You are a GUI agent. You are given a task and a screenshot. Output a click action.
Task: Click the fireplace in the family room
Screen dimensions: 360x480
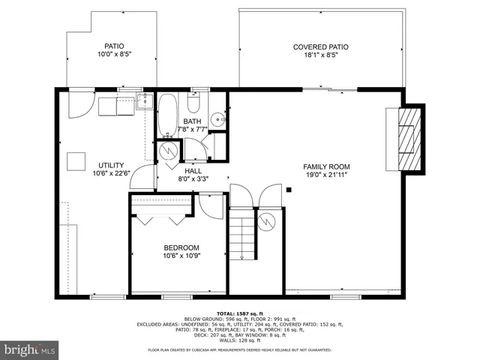406,138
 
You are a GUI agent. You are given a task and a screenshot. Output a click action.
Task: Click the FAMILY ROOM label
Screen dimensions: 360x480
326,166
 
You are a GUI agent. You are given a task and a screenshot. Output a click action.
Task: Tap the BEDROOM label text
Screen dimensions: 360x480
181,248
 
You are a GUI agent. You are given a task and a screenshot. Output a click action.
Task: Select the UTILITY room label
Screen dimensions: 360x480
111,166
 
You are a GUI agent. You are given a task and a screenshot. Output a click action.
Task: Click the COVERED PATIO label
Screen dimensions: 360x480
320,47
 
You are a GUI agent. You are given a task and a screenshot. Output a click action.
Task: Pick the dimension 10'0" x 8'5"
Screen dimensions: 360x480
115,55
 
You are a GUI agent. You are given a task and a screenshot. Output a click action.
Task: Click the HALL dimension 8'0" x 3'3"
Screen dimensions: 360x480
193,178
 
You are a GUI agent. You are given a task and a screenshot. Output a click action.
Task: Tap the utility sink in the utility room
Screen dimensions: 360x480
145,103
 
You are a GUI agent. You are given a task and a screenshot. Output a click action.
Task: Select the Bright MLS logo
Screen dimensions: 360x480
30,349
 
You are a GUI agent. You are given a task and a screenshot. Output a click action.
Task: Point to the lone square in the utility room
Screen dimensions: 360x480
76,161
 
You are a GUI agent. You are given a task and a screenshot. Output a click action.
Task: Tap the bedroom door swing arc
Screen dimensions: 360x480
211,206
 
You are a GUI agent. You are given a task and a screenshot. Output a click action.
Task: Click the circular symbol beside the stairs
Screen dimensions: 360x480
266,221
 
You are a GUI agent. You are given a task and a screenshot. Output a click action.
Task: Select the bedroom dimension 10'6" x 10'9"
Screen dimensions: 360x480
181,256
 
